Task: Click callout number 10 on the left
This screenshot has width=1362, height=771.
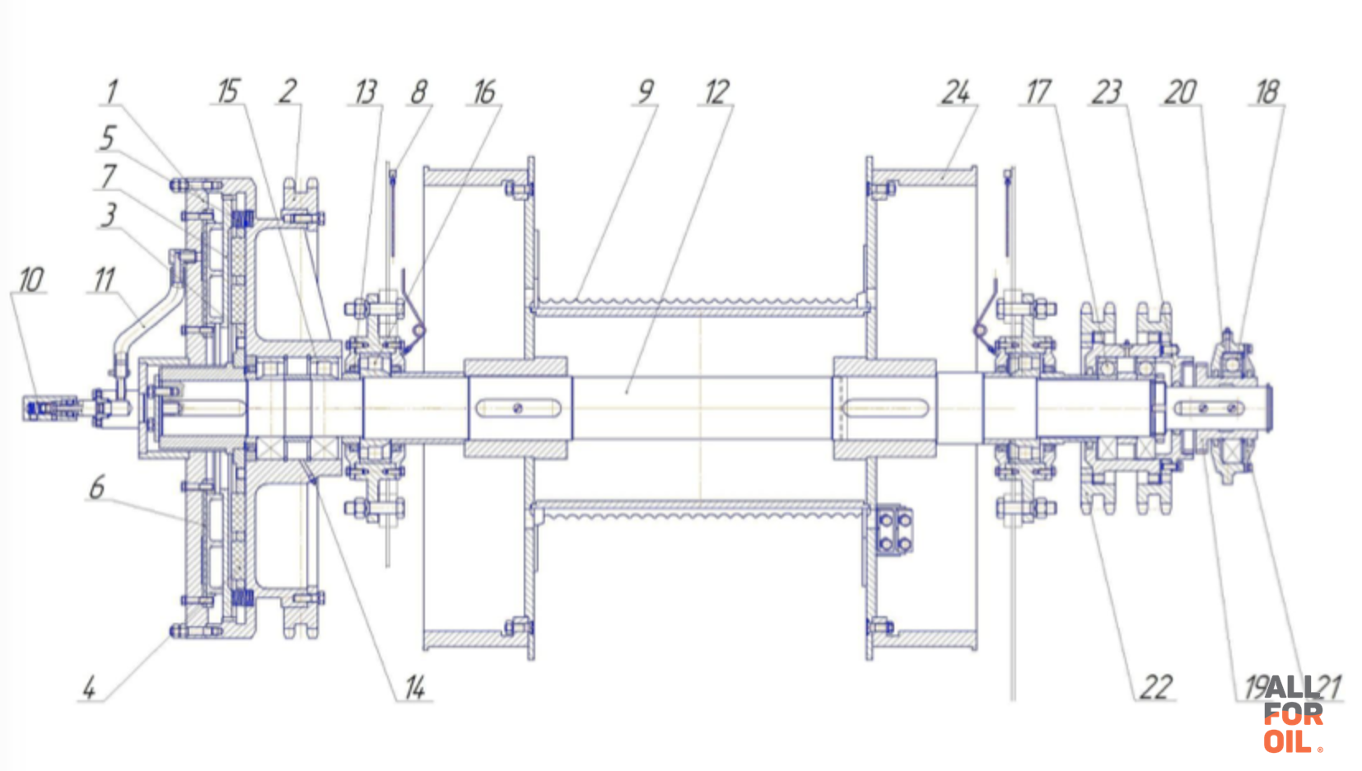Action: [x=31, y=280]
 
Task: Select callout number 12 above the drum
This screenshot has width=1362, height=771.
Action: [x=717, y=92]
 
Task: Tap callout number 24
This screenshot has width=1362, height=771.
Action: [x=956, y=92]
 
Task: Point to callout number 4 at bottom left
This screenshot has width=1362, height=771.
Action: [x=90, y=689]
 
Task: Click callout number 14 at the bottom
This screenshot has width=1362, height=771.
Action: [x=415, y=688]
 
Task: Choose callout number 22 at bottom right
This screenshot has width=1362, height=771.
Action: [x=1156, y=688]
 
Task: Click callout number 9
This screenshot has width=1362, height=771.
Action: [x=646, y=91]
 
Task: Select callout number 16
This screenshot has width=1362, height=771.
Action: [x=484, y=92]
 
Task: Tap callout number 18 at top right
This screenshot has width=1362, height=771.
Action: [x=1267, y=92]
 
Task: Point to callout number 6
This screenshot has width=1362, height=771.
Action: [x=96, y=488]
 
